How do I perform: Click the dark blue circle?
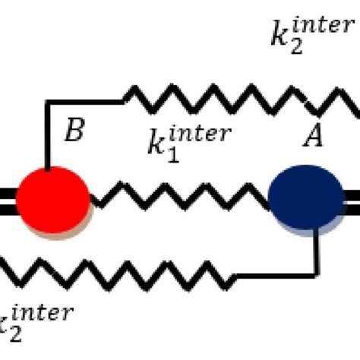(306, 199)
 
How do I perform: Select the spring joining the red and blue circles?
(179, 200)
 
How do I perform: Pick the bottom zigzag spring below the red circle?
(114, 273)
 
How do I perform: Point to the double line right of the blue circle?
(351, 200)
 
